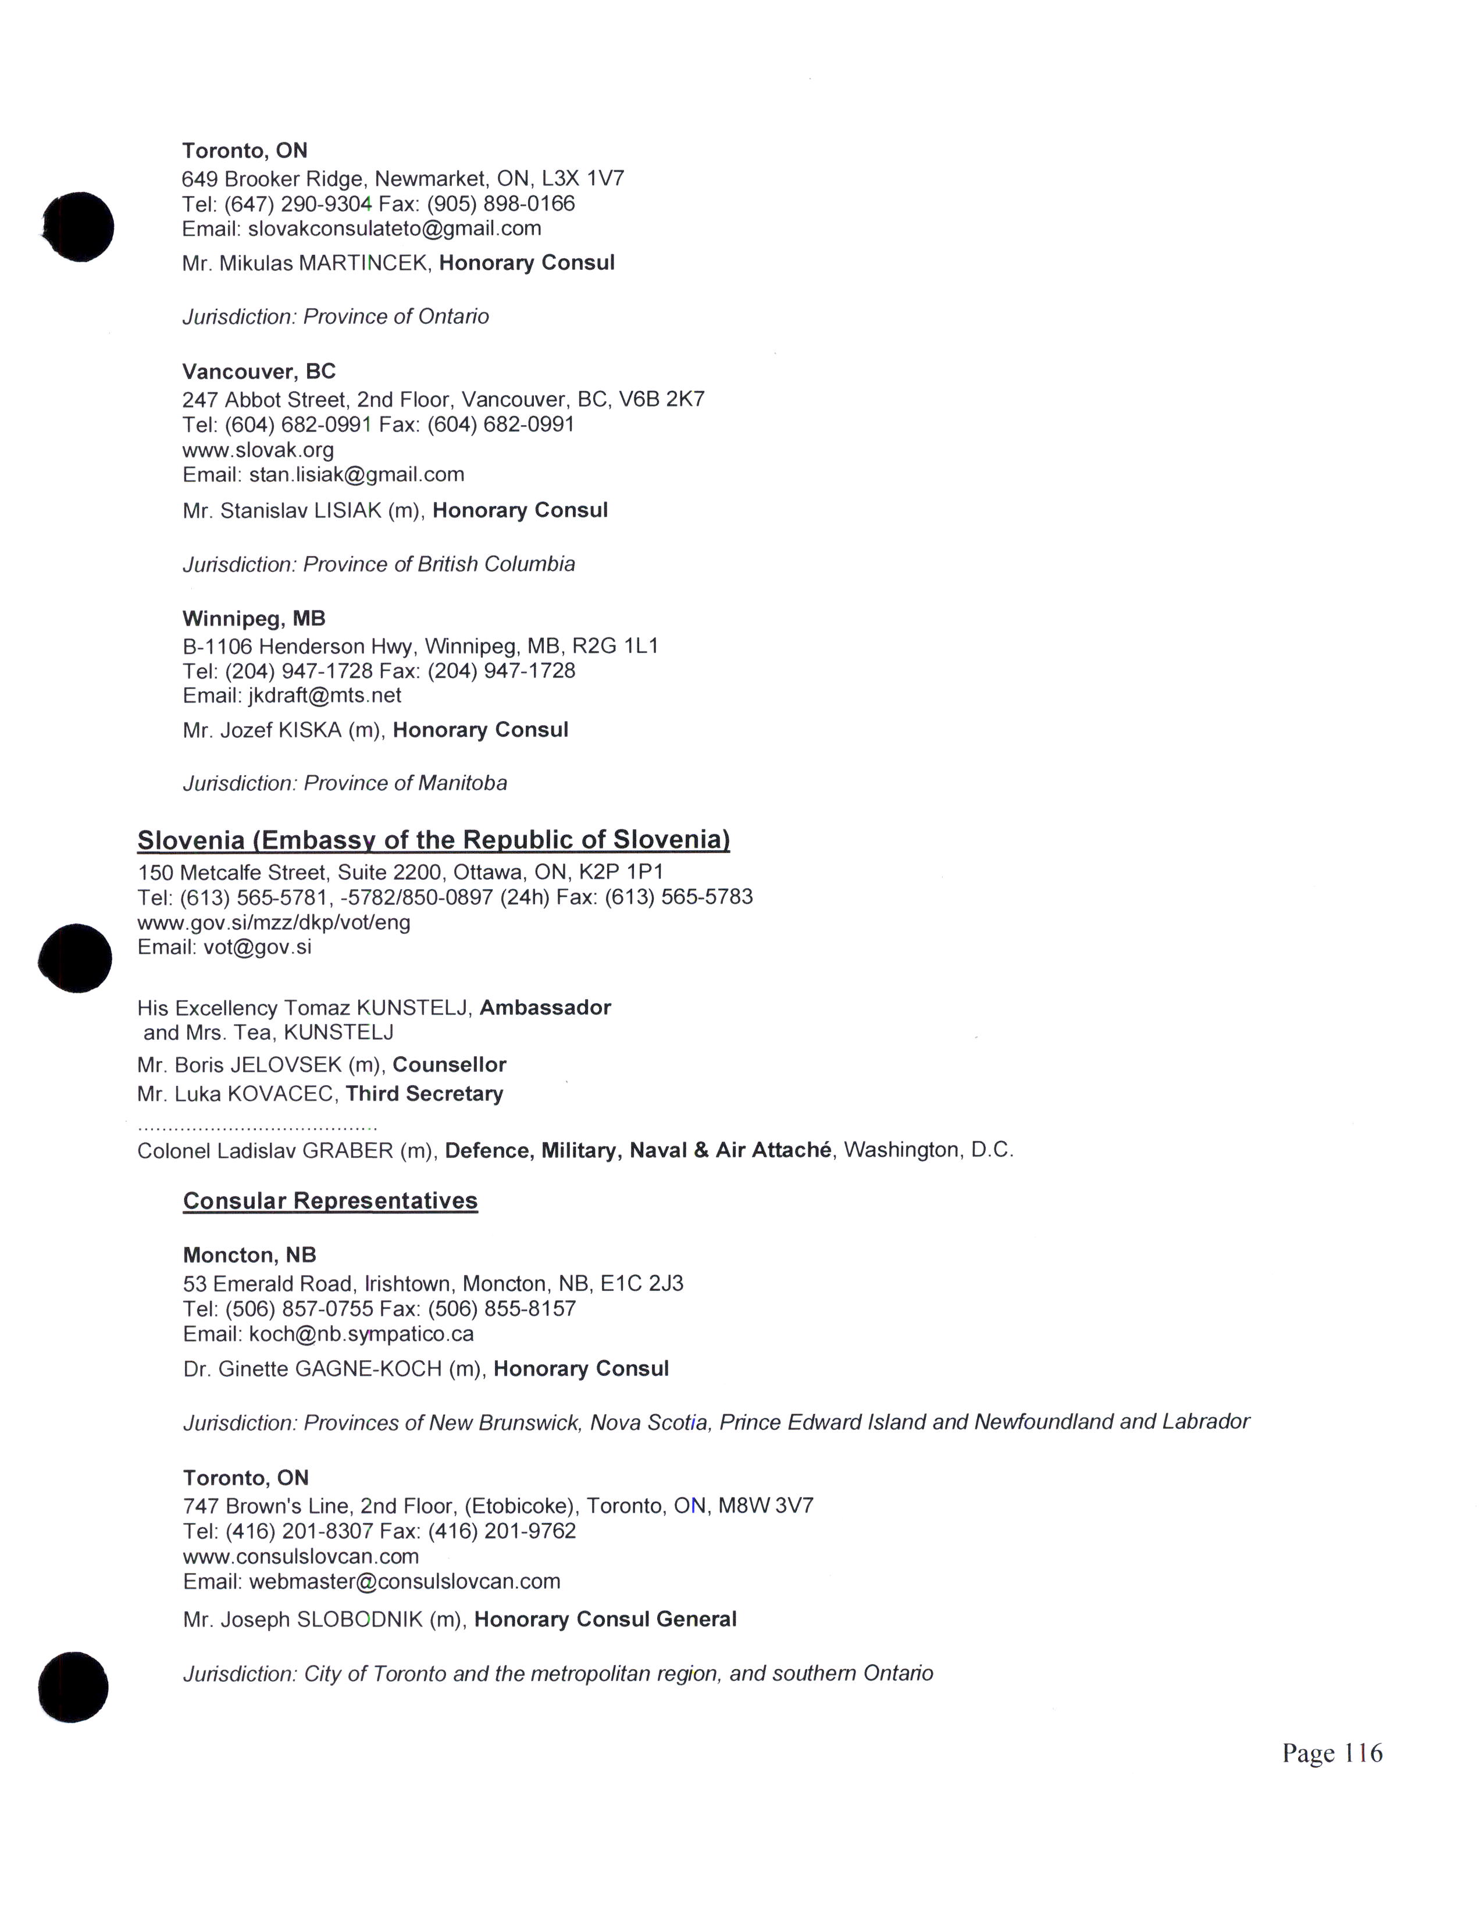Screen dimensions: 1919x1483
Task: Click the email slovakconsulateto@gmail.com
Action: (x=394, y=229)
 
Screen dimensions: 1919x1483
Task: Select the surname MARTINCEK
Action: (x=363, y=263)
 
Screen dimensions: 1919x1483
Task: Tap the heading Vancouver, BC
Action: (x=259, y=372)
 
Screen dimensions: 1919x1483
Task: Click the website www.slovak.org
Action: (x=258, y=451)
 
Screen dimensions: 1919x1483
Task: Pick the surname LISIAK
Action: (x=347, y=511)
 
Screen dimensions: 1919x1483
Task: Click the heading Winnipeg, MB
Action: (x=254, y=619)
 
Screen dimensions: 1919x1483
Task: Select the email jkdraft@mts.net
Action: (x=325, y=696)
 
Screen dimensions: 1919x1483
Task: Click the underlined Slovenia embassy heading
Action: (x=433, y=840)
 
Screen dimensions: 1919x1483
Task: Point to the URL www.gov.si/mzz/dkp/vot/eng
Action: (x=273, y=923)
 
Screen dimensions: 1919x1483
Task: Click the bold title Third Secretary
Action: (x=425, y=1094)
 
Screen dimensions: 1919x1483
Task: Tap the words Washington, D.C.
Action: (x=929, y=1150)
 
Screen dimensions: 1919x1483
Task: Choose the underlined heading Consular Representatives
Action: (x=330, y=1201)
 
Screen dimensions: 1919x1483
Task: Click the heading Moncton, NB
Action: (x=249, y=1255)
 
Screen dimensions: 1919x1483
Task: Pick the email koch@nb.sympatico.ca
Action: (x=361, y=1335)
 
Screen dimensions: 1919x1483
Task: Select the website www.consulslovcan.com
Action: (x=301, y=1557)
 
